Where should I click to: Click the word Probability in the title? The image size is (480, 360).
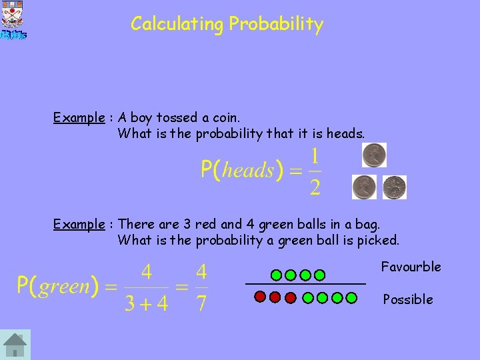[x=276, y=25]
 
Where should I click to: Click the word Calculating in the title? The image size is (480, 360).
[x=177, y=25]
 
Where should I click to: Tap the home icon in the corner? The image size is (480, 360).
[x=15, y=345]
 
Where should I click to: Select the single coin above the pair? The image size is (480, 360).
[x=374, y=155]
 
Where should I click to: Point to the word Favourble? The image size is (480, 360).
[x=411, y=267]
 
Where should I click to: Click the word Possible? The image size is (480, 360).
[x=407, y=299]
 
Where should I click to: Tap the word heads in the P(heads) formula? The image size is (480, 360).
[x=247, y=170]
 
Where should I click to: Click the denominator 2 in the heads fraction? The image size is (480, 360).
[x=315, y=185]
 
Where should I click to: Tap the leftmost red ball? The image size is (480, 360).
[x=261, y=298]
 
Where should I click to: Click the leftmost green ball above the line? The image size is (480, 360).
[x=276, y=275]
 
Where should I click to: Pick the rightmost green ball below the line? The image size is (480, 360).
[x=351, y=298]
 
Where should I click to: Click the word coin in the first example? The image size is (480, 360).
[x=226, y=118]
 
